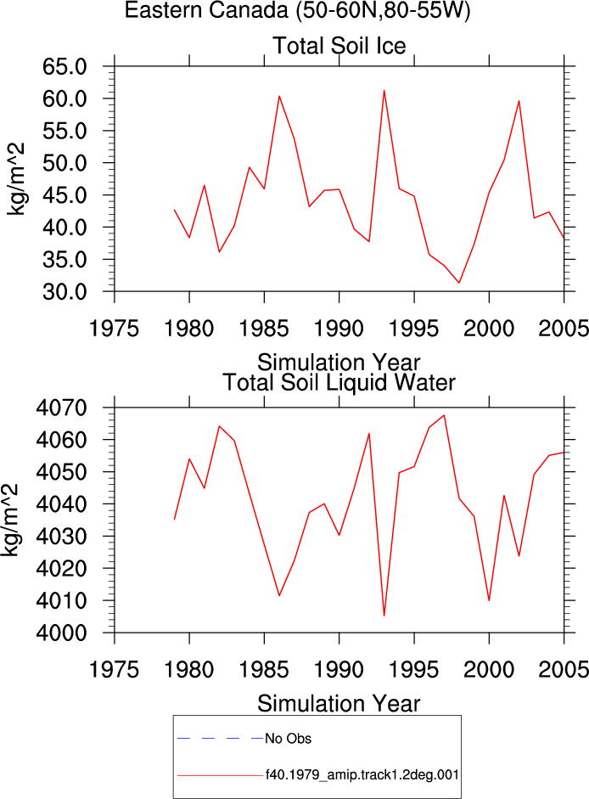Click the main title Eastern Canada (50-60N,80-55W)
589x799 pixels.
click(297, 9)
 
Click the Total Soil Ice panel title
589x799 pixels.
click(339, 46)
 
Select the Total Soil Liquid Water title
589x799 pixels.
click(339, 382)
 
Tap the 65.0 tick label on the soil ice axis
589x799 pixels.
click(65, 66)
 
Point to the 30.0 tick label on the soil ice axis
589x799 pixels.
click(65, 292)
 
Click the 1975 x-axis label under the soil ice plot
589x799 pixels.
click(114, 328)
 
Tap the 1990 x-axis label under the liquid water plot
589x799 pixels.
click(339, 669)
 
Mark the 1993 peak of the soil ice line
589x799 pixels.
click(384, 91)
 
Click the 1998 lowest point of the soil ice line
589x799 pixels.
click(459, 283)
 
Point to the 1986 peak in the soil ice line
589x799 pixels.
click(279, 96)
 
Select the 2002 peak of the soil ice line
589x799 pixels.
click(519, 101)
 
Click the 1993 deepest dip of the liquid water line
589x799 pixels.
click(384, 616)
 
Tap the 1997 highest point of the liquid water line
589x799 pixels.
click(445, 415)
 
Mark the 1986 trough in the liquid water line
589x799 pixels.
click(279, 596)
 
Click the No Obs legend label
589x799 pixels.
click(288, 739)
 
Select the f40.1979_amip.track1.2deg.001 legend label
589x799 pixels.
click(362, 775)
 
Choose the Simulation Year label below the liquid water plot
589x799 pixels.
click(339, 704)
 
